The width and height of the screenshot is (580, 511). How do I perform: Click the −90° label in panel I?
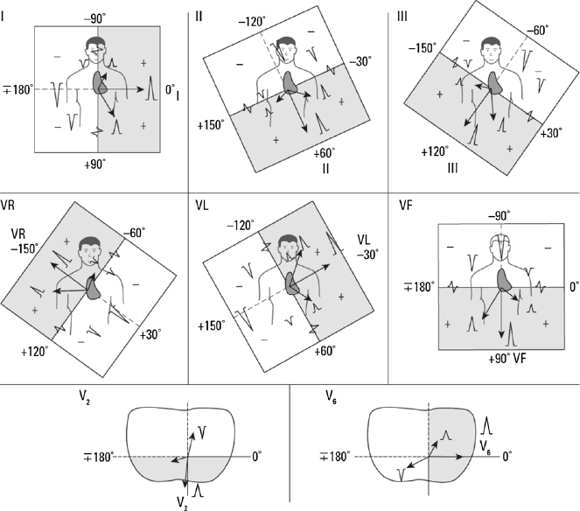click(95, 17)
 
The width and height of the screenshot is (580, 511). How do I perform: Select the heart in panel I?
click(101, 83)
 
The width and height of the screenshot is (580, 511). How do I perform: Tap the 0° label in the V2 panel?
click(256, 456)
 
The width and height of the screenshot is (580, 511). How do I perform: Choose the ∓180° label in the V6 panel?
click(334, 456)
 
